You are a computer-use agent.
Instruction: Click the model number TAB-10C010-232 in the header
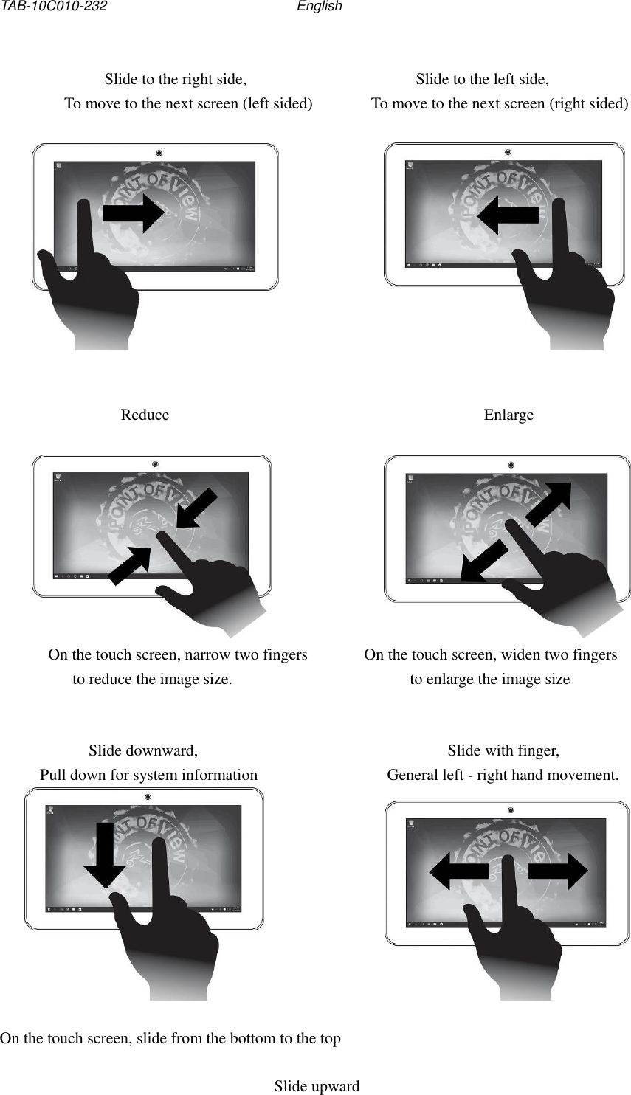(x=54, y=7)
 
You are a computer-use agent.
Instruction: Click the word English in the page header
(x=319, y=7)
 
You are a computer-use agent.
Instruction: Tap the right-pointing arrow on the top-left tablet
(x=134, y=213)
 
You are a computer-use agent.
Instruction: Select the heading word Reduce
(x=145, y=415)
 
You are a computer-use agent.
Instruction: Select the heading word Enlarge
(x=508, y=415)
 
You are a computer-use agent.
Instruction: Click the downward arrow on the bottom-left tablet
(x=105, y=856)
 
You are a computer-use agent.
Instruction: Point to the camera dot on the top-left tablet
(x=159, y=153)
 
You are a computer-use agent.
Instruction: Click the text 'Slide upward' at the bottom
(x=317, y=1086)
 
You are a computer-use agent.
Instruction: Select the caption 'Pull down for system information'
(x=148, y=775)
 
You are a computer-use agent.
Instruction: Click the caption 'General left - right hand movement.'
(x=503, y=775)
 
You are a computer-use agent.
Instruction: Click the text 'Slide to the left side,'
(x=482, y=79)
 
